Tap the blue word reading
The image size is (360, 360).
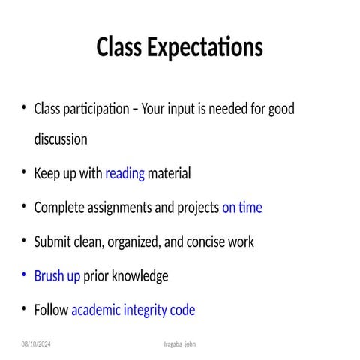pos(124,174)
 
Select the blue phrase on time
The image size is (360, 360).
pos(242,208)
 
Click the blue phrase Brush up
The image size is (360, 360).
pos(57,276)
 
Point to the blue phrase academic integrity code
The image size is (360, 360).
pos(133,310)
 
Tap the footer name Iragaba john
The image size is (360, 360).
pos(180,343)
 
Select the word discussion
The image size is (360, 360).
pos(61,139)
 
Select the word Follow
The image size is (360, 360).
pos(51,310)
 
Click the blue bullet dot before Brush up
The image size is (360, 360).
pos(24,275)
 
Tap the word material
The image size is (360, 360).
pos(169,174)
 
